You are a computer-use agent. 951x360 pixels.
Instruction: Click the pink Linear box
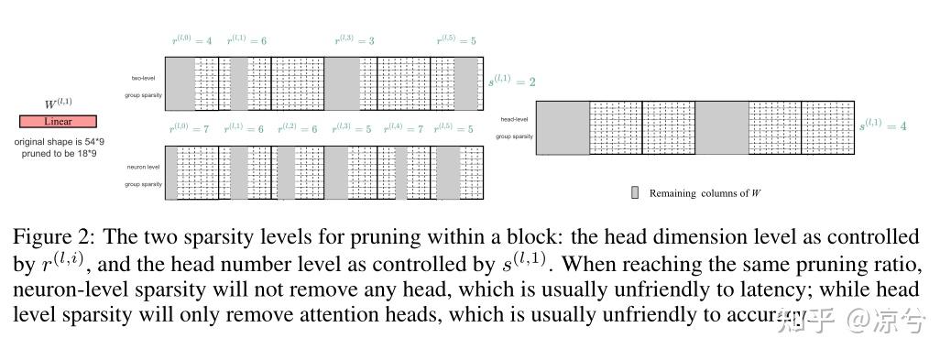(x=58, y=121)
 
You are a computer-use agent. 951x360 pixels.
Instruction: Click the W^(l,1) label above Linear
(x=57, y=104)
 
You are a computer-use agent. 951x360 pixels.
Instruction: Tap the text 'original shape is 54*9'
(x=58, y=142)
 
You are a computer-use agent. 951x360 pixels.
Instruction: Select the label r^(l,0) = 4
(x=192, y=40)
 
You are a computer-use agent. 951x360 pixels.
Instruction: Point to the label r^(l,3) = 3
(x=354, y=40)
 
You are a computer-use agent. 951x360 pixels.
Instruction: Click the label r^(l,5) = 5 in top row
(x=454, y=40)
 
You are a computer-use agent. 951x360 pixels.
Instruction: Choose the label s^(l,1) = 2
(x=511, y=82)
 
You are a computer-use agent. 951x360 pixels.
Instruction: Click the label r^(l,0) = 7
(x=189, y=129)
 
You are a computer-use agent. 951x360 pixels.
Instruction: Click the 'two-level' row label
(x=142, y=78)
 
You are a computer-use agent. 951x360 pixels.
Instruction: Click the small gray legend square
(x=634, y=193)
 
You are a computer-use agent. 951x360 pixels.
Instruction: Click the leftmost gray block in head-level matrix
(x=563, y=127)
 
